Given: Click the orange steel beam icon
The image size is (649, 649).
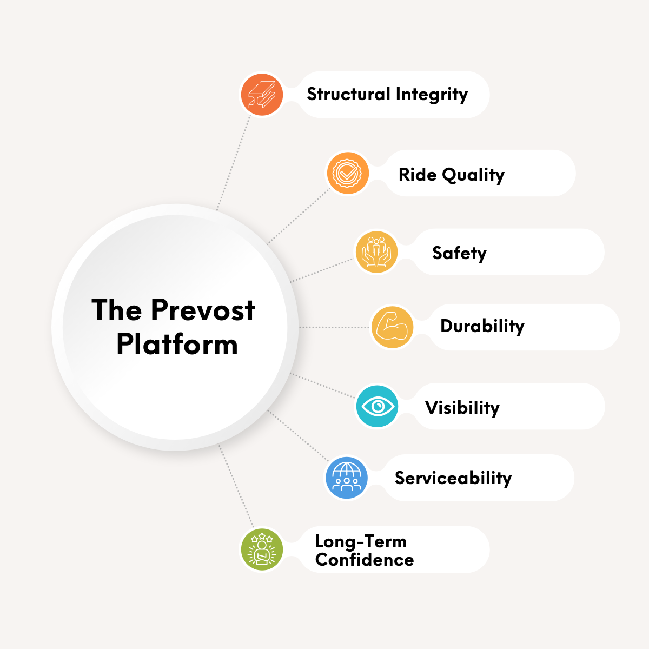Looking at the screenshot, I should coord(262,95).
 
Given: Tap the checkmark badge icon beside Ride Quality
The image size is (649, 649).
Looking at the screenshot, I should coord(348,174).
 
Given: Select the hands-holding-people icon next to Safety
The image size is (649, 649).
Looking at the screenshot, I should coord(376,252).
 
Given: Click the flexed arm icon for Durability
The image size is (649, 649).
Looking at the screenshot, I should coord(392,327).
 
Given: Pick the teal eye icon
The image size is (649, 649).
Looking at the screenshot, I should coord(377,406).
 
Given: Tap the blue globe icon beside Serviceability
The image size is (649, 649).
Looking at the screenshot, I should coord(347,478).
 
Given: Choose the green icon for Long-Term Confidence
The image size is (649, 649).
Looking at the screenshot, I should coord(262,549).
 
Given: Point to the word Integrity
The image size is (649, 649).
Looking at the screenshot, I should coord(432,95).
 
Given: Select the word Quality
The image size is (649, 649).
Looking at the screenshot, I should coord(473,175).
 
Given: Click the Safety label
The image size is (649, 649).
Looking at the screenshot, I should coord(459,253).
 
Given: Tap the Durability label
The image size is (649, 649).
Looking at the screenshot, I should coord(482,327).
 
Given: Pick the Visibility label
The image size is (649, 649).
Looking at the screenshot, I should coord(462,408).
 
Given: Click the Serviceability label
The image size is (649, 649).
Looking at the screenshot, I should coord(453,479).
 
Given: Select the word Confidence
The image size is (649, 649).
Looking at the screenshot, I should coord(365,560).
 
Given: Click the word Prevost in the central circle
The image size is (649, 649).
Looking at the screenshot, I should coord(203,310).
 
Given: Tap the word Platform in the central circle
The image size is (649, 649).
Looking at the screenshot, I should coord(177,344).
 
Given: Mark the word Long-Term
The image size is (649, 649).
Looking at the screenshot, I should coord(361,541).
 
